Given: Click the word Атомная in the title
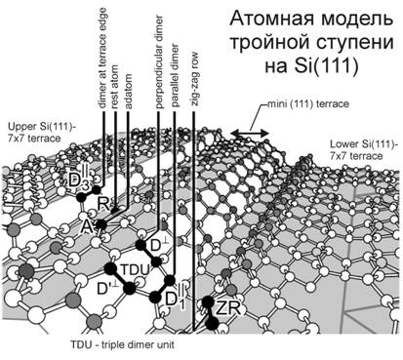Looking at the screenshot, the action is pyautogui.click(x=272, y=20).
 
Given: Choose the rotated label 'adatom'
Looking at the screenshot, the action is pyautogui.click(x=128, y=92).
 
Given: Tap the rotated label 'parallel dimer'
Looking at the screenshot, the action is pyautogui.click(x=175, y=75).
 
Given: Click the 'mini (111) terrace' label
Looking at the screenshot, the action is pyautogui.click(x=307, y=104).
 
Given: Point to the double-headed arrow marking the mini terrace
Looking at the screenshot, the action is pyautogui.click(x=250, y=133).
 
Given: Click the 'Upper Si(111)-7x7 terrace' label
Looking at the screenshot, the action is pyautogui.click(x=41, y=133).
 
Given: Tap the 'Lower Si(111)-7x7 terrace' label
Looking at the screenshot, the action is pyautogui.click(x=364, y=150).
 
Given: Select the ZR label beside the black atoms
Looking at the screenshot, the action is pyautogui.click(x=228, y=308).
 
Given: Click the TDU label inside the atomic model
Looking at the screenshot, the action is pyautogui.click(x=135, y=269).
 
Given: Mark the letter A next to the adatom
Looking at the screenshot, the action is pyautogui.click(x=87, y=227).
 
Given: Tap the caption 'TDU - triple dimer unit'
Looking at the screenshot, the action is pyautogui.click(x=122, y=344).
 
